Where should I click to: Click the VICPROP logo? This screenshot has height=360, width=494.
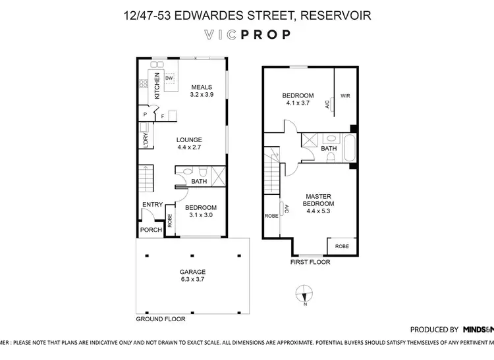(x=247, y=35)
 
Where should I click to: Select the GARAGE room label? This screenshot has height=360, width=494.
(x=193, y=272)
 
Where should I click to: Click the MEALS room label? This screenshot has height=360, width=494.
(x=202, y=87)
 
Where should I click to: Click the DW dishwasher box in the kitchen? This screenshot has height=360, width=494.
(x=169, y=78)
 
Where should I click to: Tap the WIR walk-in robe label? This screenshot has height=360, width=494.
(x=345, y=96)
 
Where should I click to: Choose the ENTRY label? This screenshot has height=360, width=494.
(x=152, y=205)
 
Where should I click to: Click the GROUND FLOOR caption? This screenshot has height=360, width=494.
(x=160, y=319)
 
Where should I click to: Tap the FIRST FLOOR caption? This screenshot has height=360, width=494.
(x=310, y=262)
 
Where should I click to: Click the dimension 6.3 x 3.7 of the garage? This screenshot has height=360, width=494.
(x=193, y=280)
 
